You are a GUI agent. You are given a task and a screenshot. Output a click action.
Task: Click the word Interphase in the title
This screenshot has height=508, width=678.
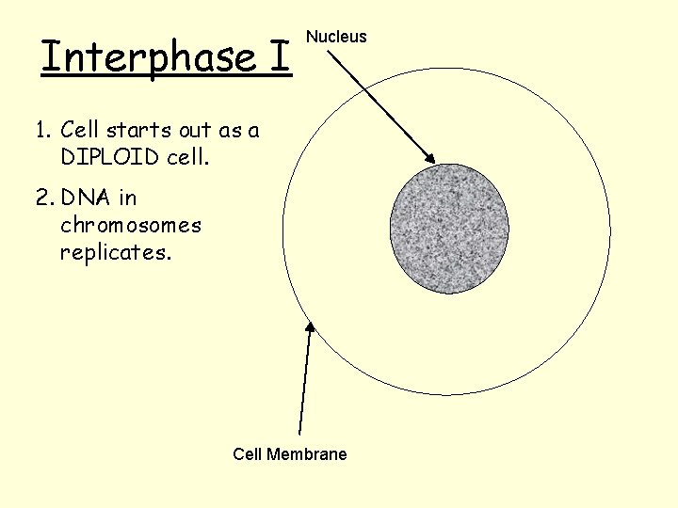coord(147,57)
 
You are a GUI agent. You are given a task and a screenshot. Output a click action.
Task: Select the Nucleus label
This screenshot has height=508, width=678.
coord(337,37)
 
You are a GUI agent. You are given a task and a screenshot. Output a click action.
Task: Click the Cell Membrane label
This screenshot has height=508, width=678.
coord(290,454)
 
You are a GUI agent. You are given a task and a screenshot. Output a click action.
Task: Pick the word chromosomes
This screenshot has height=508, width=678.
coord(131,225)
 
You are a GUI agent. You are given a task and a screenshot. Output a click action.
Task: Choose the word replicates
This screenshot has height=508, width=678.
coord(116,252)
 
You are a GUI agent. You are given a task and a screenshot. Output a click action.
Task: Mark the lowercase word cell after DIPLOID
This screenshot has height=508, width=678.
coord(185,157)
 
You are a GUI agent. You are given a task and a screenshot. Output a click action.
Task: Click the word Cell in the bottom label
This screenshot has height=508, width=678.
coord(248,454)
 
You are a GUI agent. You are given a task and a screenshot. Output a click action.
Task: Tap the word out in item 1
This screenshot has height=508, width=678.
coord(194,131)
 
